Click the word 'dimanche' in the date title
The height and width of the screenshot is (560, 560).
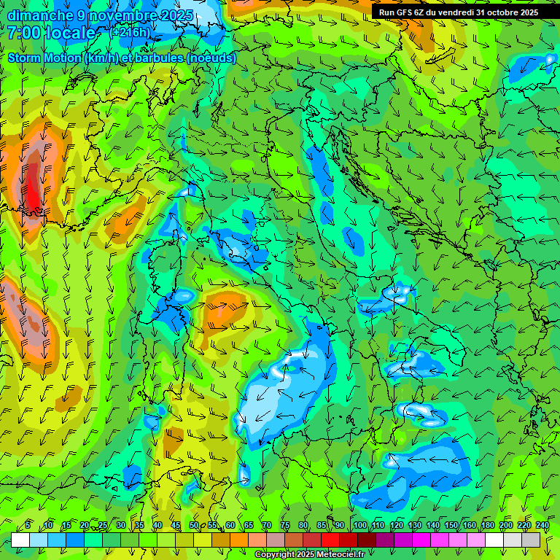38,15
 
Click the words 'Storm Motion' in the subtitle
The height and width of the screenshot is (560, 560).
44,58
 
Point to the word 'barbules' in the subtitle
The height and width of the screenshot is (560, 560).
160,58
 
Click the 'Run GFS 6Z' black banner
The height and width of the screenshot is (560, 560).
458,12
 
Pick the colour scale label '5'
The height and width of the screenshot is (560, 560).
28,526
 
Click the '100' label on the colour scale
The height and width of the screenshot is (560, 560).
360,526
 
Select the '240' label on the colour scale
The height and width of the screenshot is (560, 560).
542,526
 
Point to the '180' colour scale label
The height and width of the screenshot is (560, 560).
488,526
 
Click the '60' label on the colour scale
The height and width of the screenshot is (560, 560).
230,526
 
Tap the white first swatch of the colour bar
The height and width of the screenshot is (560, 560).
20,540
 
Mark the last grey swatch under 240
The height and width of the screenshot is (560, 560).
531,540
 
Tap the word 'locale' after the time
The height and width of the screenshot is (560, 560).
69,33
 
